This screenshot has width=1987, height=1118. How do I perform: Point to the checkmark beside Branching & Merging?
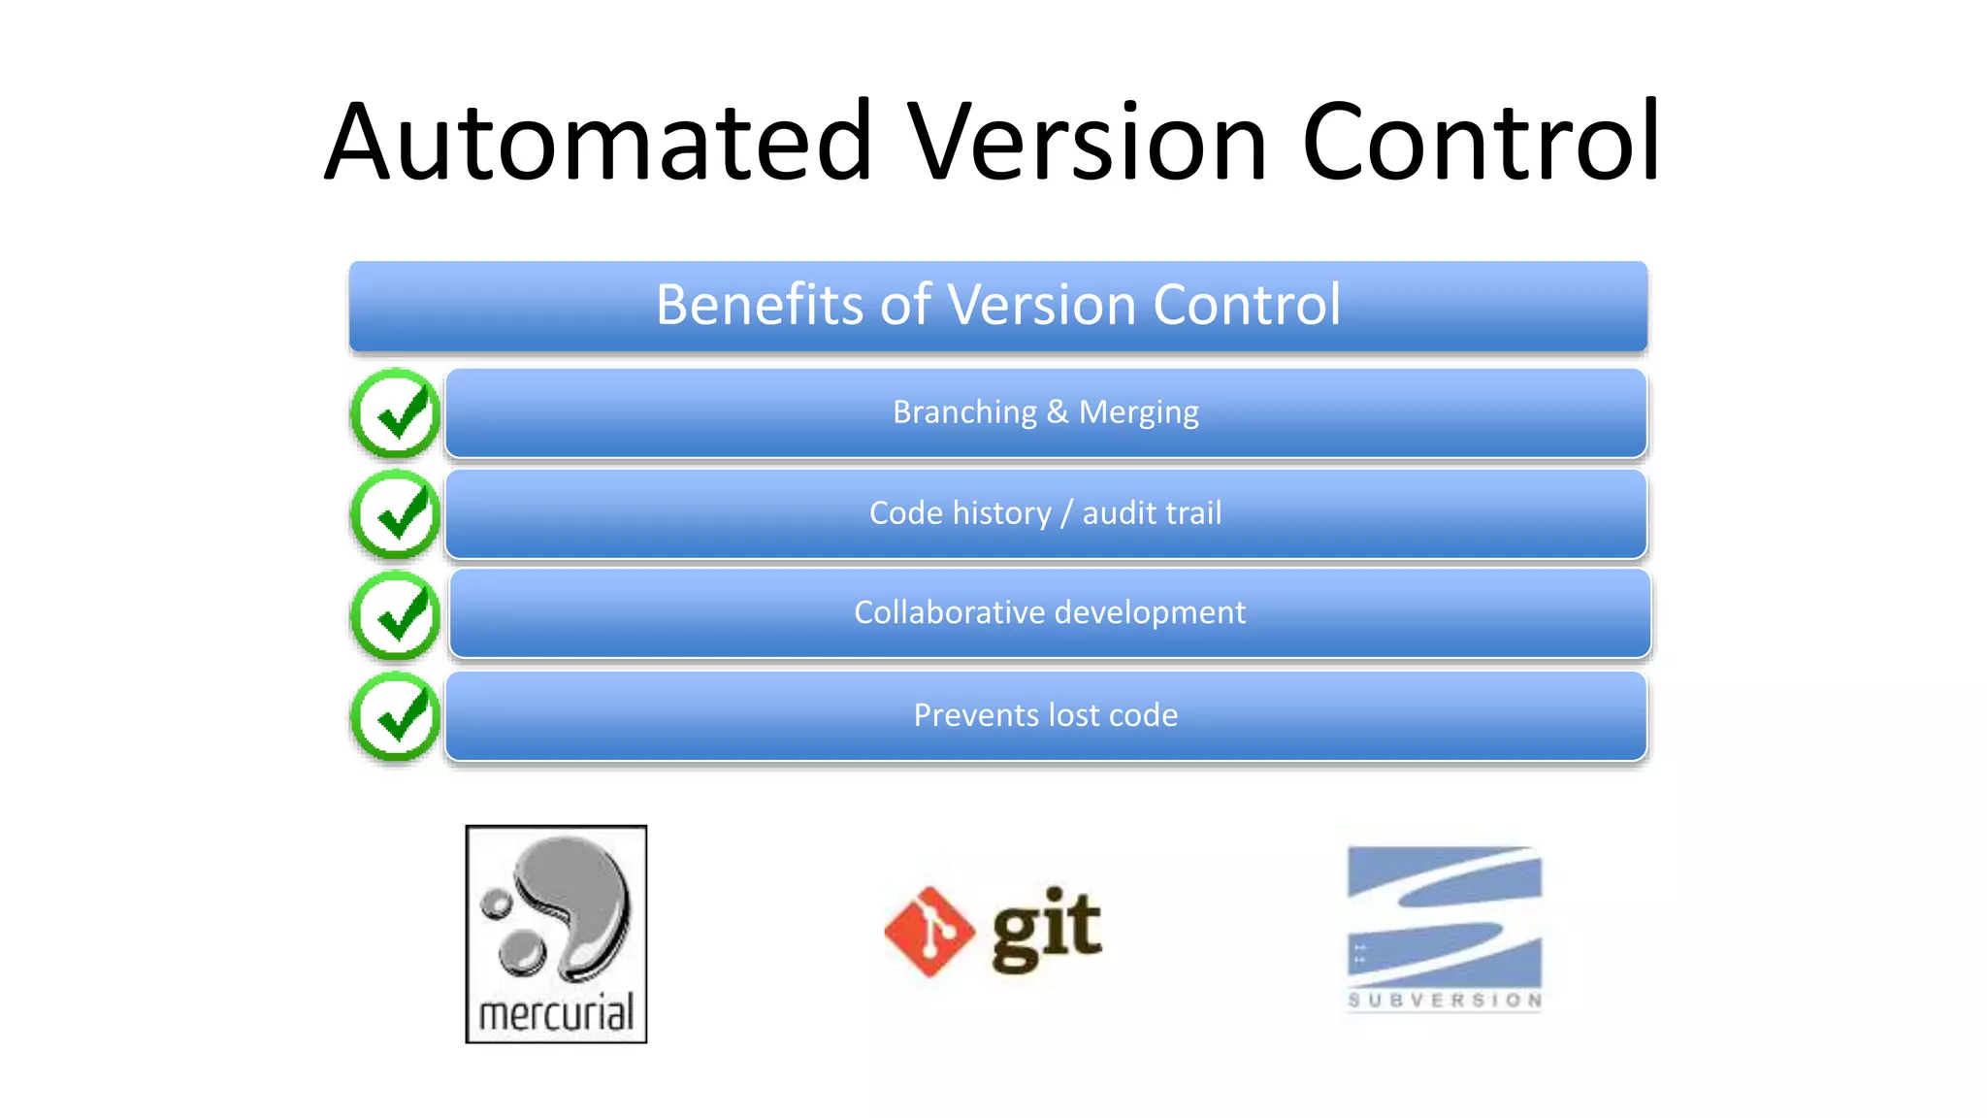(396, 413)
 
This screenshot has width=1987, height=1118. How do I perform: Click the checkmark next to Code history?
(396, 514)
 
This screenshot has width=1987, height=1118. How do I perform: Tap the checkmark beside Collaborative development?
(396, 615)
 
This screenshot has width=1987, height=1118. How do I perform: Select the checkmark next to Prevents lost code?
(396, 717)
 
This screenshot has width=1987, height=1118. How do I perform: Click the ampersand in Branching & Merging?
(1058, 412)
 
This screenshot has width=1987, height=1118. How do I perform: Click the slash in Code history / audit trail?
(1066, 513)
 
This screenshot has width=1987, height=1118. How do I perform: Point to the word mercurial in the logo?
(556, 1014)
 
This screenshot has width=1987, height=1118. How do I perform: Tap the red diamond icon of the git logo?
(928, 931)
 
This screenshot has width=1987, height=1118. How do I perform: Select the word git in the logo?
(1047, 929)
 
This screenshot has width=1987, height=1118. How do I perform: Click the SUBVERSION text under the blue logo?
(1445, 1001)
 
